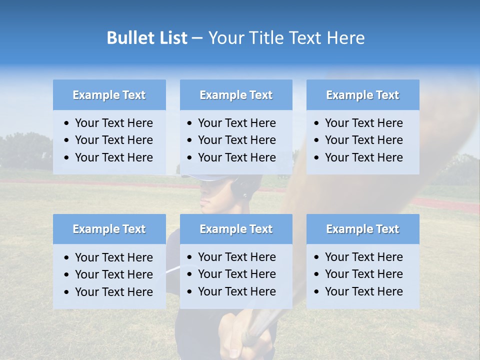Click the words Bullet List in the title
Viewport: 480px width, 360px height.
(147, 38)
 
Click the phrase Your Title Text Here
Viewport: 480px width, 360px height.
(286, 38)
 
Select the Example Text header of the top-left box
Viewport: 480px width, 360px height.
(109, 95)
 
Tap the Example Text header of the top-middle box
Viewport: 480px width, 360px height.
(236, 95)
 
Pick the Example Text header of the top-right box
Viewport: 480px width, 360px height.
(362, 95)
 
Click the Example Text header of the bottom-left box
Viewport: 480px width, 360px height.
(109, 229)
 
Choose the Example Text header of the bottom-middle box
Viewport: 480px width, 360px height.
(236, 229)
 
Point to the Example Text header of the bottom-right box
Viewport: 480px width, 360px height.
(362, 229)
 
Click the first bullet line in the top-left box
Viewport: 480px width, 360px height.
(113, 123)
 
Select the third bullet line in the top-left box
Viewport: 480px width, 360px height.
(113, 157)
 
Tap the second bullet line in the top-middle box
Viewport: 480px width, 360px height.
(236, 140)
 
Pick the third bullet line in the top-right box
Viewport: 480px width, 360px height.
(363, 157)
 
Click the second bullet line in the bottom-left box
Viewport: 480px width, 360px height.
(113, 274)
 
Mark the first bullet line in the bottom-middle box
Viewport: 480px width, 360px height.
(236, 257)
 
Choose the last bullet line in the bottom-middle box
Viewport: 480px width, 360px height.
(236, 291)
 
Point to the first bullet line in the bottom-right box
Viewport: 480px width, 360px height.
(363, 257)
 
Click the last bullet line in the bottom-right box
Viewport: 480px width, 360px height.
(363, 291)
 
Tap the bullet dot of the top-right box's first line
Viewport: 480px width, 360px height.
(316, 123)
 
